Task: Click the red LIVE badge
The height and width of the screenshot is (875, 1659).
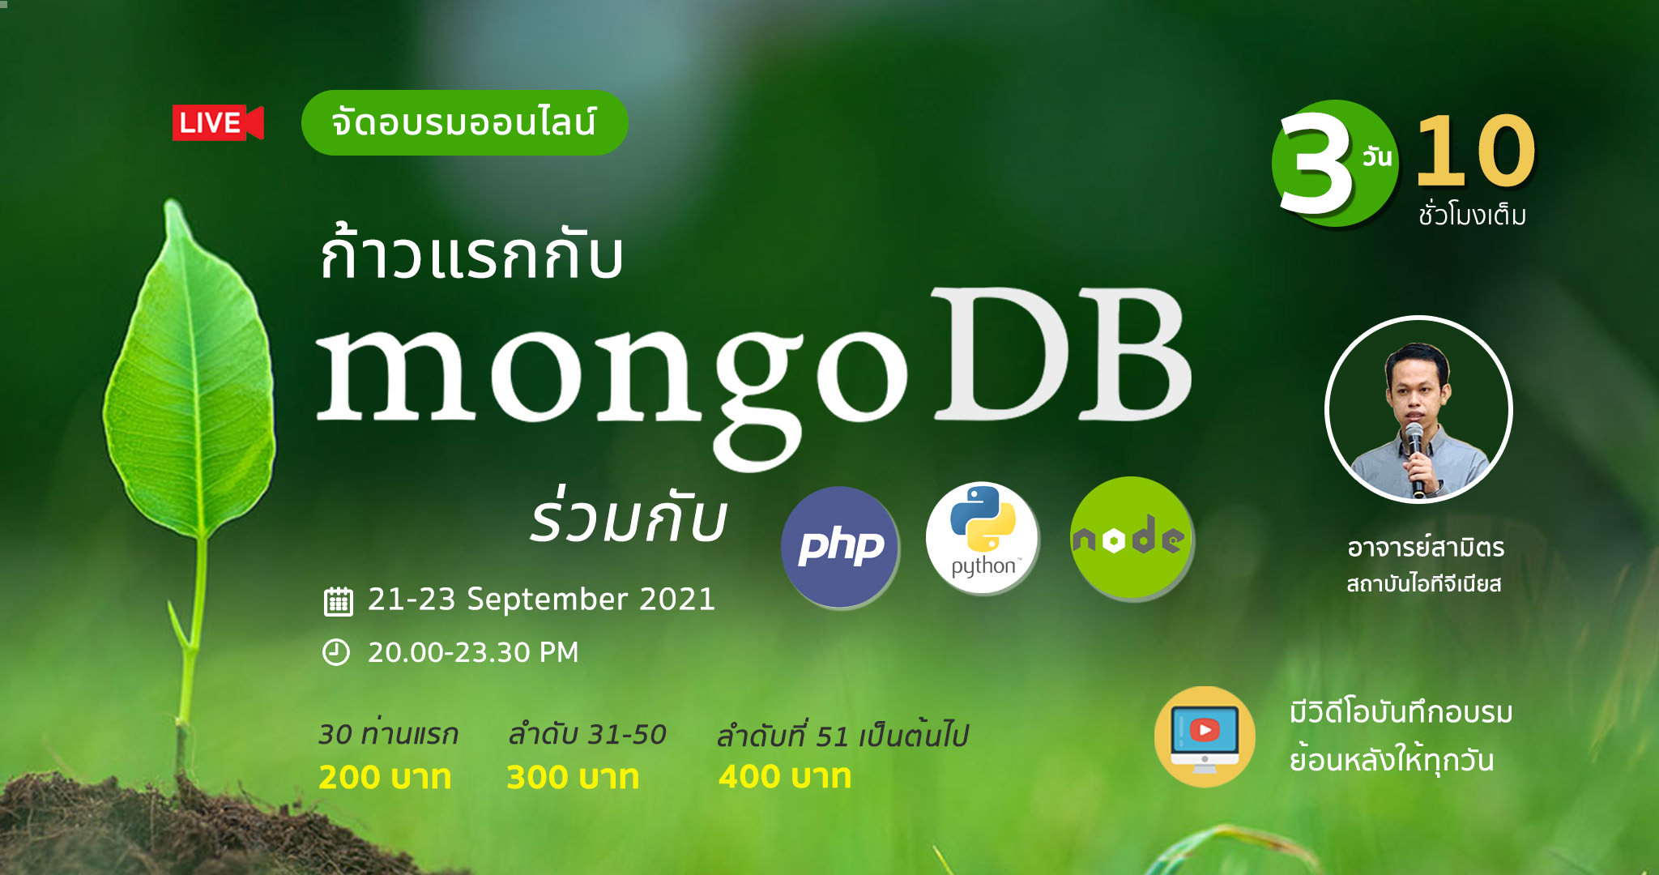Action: click(217, 123)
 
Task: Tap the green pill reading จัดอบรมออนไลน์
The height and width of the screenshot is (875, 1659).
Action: click(464, 122)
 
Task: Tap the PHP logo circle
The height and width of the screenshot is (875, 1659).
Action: click(840, 547)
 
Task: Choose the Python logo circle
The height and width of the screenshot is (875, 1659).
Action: click(983, 537)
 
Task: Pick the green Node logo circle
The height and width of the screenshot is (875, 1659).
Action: click(1131, 538)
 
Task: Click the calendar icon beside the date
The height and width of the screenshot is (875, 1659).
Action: click(338, 601)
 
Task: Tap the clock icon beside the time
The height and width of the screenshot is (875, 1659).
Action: click(336, 652)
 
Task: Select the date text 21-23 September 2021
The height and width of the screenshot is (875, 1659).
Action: click(542, 600)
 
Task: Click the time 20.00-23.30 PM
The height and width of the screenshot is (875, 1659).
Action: click(474, 652)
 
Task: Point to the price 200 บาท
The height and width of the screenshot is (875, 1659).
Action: click(385, 777)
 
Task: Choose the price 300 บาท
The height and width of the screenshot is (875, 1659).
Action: click(573, 777)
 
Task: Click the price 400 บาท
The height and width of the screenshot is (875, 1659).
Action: click(785, 776)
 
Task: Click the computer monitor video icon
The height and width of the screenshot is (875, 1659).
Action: click(1205, 737)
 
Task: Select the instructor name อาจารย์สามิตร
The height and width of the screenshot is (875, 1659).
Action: click(1426, 547)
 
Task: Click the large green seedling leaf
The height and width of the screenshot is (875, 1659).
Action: click(190, 373)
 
